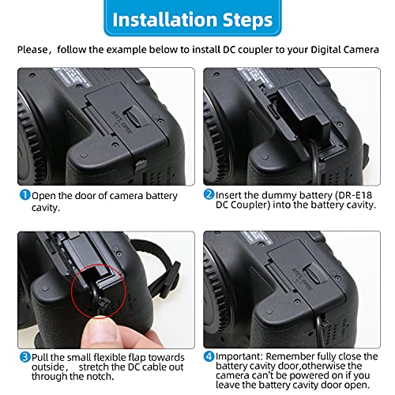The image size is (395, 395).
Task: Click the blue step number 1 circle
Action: (x=24, y=195)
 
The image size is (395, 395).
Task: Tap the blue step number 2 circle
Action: (x=209, y=195)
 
